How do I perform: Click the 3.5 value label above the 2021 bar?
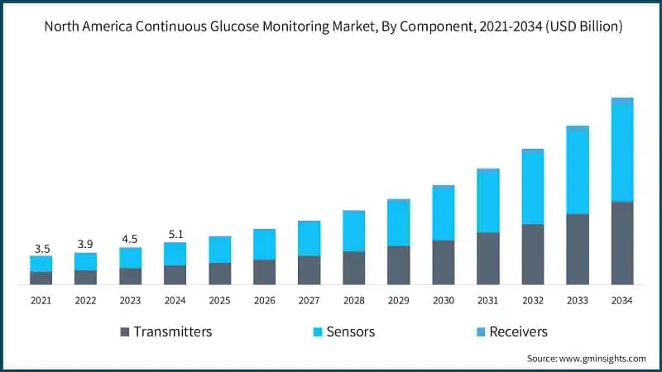(x=41, y=248)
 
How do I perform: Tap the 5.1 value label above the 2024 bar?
(x=175, y=234)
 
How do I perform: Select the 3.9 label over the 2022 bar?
(x=85, y=245)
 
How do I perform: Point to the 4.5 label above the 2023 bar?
(x=130, y=240)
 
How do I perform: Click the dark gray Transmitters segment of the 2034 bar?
(x=621, y=243)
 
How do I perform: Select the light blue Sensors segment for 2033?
(x=577, y=172)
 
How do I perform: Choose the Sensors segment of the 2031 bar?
(x=487, y=201)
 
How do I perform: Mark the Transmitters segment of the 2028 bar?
(x=353, y=268)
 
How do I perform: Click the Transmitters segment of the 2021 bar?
(x=41, y=278)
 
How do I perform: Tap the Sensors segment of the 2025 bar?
(x=219, y=250)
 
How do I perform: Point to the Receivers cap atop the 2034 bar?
(x=621, y=100)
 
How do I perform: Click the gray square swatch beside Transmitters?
(x=125, y=331)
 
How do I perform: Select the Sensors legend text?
(x=351, y=331)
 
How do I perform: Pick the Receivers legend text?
(x=518, y=331)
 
